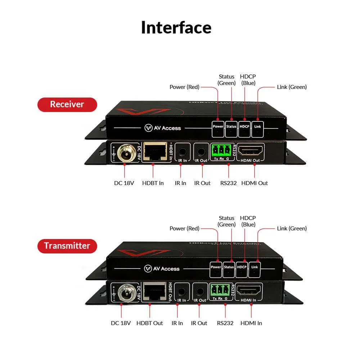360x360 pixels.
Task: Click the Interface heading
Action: tap(176, 28)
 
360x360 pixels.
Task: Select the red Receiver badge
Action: tap(67, 104)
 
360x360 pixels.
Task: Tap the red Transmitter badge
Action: tap(67, 246)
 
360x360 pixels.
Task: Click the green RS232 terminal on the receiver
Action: tap(221, 150)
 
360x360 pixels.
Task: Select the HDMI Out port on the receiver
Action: tap(251, 151)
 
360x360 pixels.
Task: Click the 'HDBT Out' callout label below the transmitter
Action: tap(150, 323)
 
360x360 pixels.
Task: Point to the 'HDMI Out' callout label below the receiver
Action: tap(255, 183)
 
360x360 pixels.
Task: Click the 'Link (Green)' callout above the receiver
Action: tap(292, 87)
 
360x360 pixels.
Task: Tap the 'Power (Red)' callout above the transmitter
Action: tap(184, 228)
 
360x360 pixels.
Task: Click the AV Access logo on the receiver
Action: tap(163, 128)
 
